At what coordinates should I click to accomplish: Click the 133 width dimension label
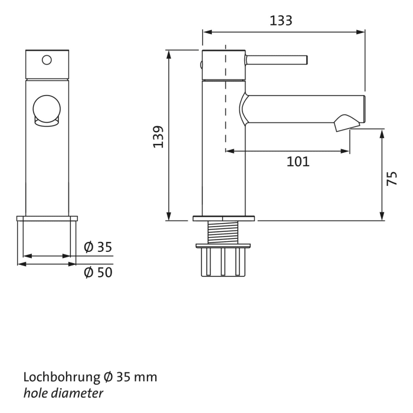281,21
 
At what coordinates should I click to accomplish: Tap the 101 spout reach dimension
298,162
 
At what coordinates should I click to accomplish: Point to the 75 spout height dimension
392,179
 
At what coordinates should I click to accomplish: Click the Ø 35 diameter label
98,247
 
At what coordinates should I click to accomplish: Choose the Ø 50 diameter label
98,273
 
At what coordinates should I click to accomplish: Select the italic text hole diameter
63,393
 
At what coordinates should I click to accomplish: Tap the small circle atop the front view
47,59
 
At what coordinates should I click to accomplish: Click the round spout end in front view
47,110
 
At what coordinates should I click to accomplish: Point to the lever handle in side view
276,59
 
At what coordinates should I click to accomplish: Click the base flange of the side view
224,218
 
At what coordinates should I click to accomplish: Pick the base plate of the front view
47,218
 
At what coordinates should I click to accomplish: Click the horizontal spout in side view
301,110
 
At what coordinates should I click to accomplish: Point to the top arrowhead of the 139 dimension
169,54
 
